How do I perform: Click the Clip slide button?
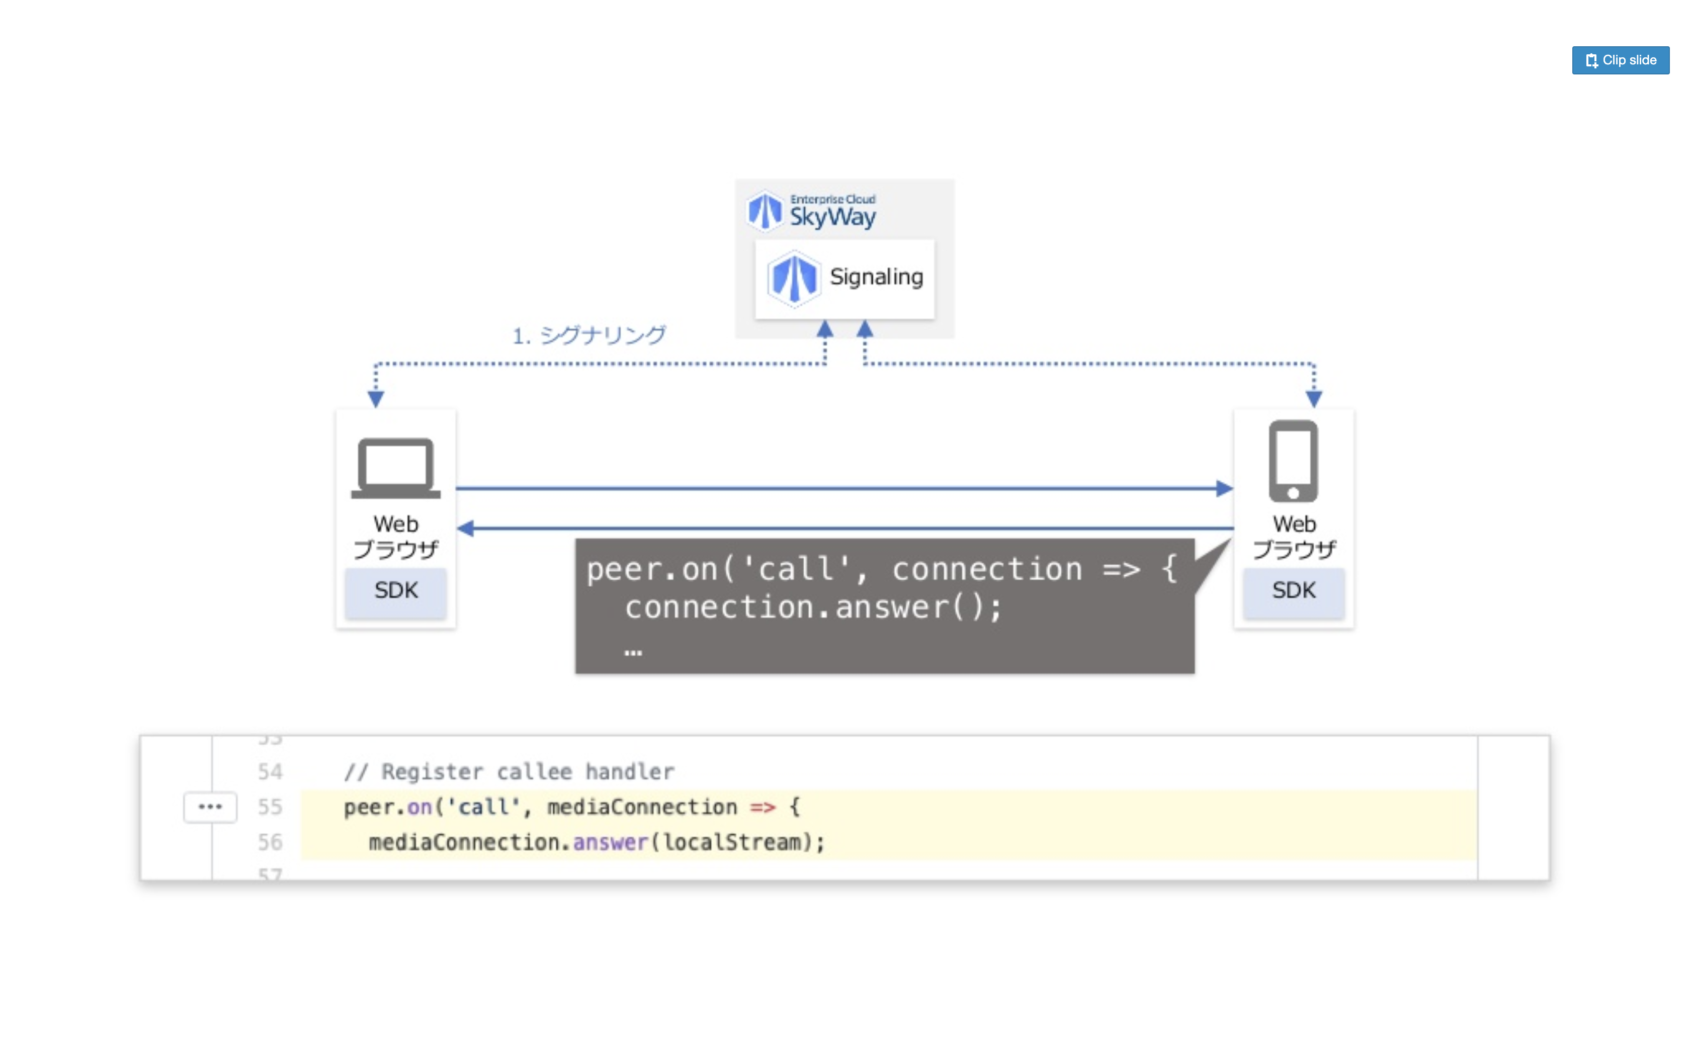tap(1620, 60)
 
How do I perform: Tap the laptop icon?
tap(395, 467)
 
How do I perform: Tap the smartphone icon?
tap(1293, 461)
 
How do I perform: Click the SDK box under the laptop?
tap(395, 591)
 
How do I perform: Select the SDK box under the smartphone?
tap(1293, 591)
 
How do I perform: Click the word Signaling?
tap(876, 277)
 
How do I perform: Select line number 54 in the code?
tap(270, 772)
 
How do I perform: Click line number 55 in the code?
tap(270, 807)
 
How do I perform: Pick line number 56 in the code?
tap(270, 842)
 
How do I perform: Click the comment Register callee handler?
tap(527, 772)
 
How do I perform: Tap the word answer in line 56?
tap(610, 842)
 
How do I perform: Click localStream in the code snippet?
tap(732, 842)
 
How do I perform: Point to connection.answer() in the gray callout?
tap(813, 607)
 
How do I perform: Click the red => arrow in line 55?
tap(763, 808)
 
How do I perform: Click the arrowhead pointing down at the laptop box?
tap(376, 399)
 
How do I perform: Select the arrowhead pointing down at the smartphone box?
tap(1314, 399)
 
